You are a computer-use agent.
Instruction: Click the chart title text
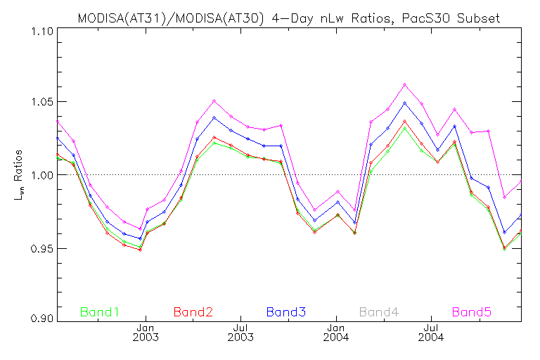pyautogui.click(x=288, y=18)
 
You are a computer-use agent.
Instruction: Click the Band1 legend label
pyautogui.click(x=100, y=311)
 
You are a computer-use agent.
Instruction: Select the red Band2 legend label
pyautogui.click(x=193, y=311)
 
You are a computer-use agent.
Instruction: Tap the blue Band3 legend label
pyautogui.click(x=286, y=311)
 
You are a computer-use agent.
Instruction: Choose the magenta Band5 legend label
pyautogui.click(x=472, y=311)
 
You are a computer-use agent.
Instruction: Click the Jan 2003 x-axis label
pyautogui.click(x=146, y=332)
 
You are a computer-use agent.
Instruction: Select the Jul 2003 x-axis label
pyautogui.click(x=240, y=332)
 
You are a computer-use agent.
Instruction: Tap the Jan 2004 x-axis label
pyautogui.click(x=336, y=332)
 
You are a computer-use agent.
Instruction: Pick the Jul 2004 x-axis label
pyautogui.click(x=430, y=332)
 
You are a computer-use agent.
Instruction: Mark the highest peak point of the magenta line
pyautogui.click(x=404, y=84)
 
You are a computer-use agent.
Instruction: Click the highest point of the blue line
pyautogui.click(x=404, y=103)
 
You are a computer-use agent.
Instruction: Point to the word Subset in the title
pyautogui.click(x=481, y=18)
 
